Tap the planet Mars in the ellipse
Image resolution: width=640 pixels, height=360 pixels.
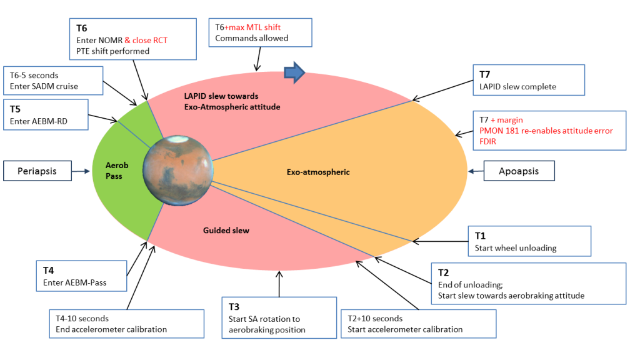177,169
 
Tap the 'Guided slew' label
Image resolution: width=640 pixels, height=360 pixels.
226,231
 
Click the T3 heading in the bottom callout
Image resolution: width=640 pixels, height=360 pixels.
234,306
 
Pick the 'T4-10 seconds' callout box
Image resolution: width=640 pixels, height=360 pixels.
126,323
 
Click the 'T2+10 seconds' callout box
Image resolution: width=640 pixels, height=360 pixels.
417,324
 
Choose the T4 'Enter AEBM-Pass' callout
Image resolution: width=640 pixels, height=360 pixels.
81,276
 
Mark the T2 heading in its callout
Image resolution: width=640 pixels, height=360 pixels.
444,272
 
